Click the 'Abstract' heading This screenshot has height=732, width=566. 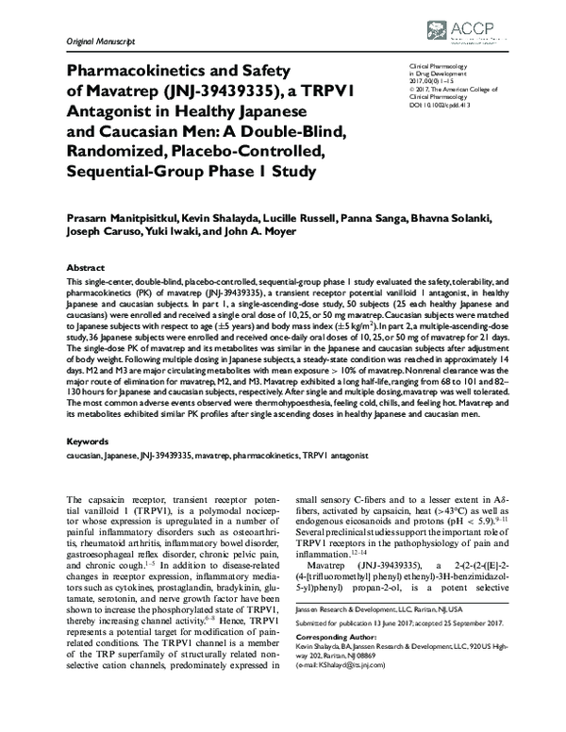pos(86,268)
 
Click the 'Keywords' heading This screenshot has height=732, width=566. pos(88,441)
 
